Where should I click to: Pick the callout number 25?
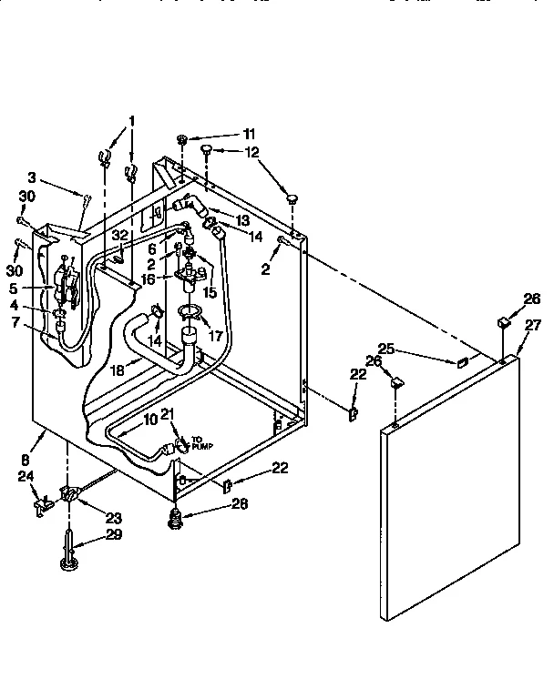coord(387,349)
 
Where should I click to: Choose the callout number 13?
coord(243,219)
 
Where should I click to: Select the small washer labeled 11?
coord(182,138)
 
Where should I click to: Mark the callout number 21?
coord(167,415)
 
